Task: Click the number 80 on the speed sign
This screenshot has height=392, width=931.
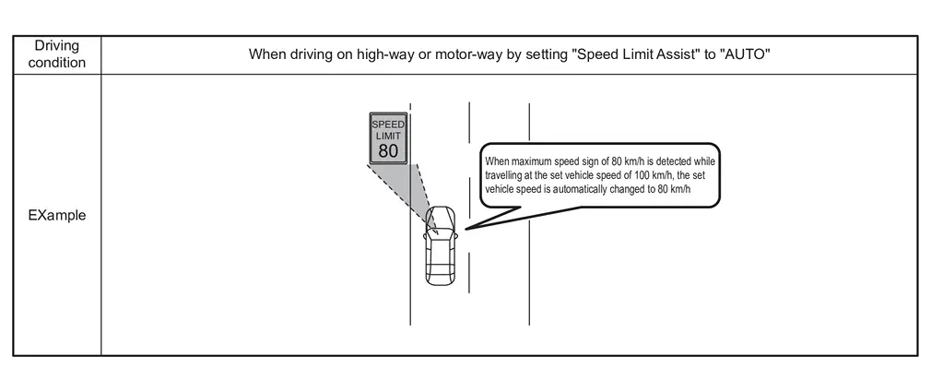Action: click(388, 149)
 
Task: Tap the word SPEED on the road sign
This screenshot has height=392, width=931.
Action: click(388, 123)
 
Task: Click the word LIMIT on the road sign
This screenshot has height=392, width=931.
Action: click(388, 135)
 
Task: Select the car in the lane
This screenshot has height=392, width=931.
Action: click(440, 244)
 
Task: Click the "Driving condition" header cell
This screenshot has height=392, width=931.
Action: click(57, 53)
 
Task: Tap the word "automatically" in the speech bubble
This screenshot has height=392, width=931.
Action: click(595, 188)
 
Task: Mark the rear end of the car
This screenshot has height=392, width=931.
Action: click(440, 279)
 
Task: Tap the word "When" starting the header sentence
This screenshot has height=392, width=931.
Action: click(265, 53)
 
